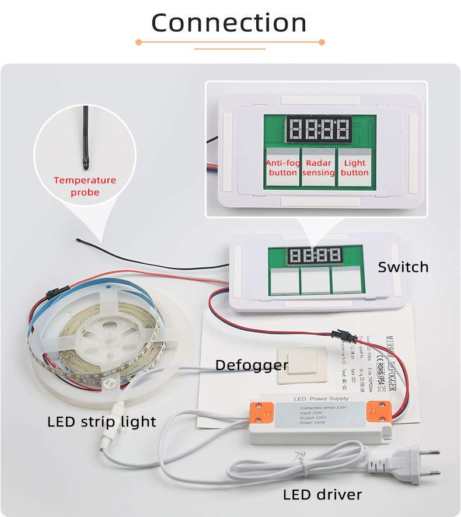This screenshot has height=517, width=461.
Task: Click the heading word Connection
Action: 229,23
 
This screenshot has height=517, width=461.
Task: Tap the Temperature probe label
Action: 85,186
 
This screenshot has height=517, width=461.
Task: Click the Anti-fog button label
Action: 283,167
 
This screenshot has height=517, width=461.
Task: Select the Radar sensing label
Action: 319,167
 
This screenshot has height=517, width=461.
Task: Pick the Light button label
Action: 355,167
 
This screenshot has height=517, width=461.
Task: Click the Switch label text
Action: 403,267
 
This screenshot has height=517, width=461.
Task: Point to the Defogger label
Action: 252,365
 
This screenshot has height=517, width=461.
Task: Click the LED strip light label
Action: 102,421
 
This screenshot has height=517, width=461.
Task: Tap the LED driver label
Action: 322,495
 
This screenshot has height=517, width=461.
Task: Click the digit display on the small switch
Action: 316,254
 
